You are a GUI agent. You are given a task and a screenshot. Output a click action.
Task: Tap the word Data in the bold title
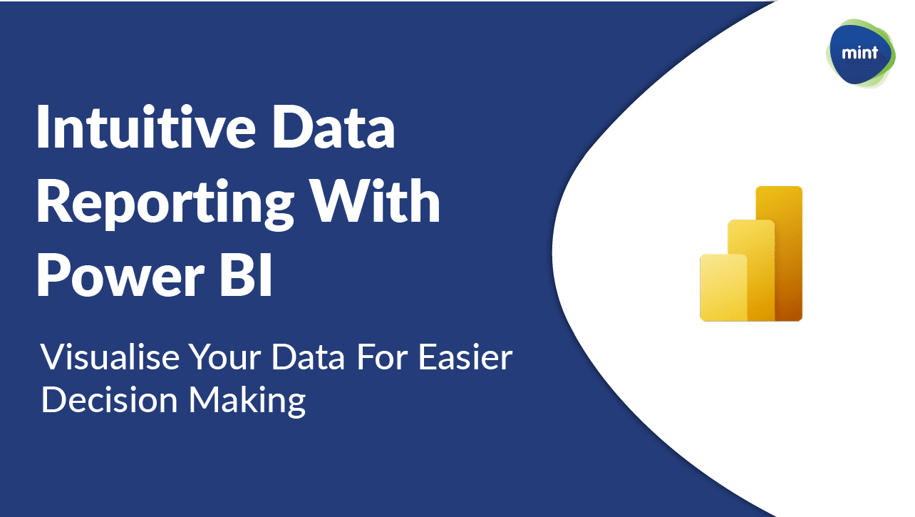pos(334,127)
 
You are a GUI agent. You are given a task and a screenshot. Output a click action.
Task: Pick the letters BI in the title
pos(246,275)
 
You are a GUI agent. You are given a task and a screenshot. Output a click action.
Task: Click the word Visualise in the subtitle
pos(110,357)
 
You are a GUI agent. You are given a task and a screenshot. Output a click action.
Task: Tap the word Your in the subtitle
pos(227,357)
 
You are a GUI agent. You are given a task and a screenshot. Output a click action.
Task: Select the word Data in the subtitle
pos(308,357)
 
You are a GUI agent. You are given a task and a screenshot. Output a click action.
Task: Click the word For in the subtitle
pos(383,357)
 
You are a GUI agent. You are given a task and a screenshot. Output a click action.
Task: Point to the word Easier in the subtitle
pos(465,357)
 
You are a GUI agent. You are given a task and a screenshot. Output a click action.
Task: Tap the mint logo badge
pos(860,53)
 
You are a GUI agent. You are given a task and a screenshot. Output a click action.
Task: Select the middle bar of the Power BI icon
pos(751,270)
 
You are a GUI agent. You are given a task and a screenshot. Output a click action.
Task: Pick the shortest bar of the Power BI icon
pos(723,287)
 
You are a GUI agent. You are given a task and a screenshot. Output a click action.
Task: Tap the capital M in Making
pos(204,399)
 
